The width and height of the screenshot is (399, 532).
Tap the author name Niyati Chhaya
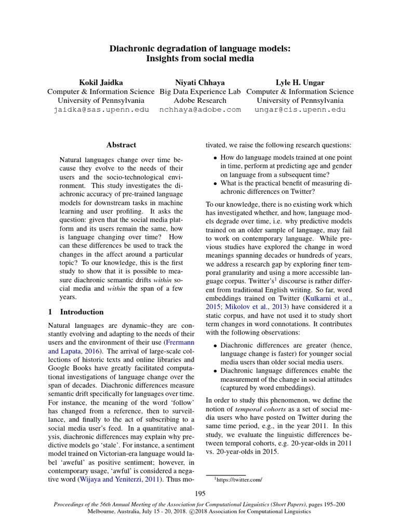tap(200, 83)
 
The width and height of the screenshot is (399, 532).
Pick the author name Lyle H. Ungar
tap(300, 83)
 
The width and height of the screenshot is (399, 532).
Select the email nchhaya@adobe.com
tap(200, 110)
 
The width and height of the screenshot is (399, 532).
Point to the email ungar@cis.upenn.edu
tap(300, 110)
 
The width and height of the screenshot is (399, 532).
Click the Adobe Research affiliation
tap(200, 100)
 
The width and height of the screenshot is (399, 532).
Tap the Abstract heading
tap(121, 145)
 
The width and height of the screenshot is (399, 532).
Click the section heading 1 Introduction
tap(75, 312)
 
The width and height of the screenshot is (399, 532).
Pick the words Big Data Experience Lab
tap(200, 91)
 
